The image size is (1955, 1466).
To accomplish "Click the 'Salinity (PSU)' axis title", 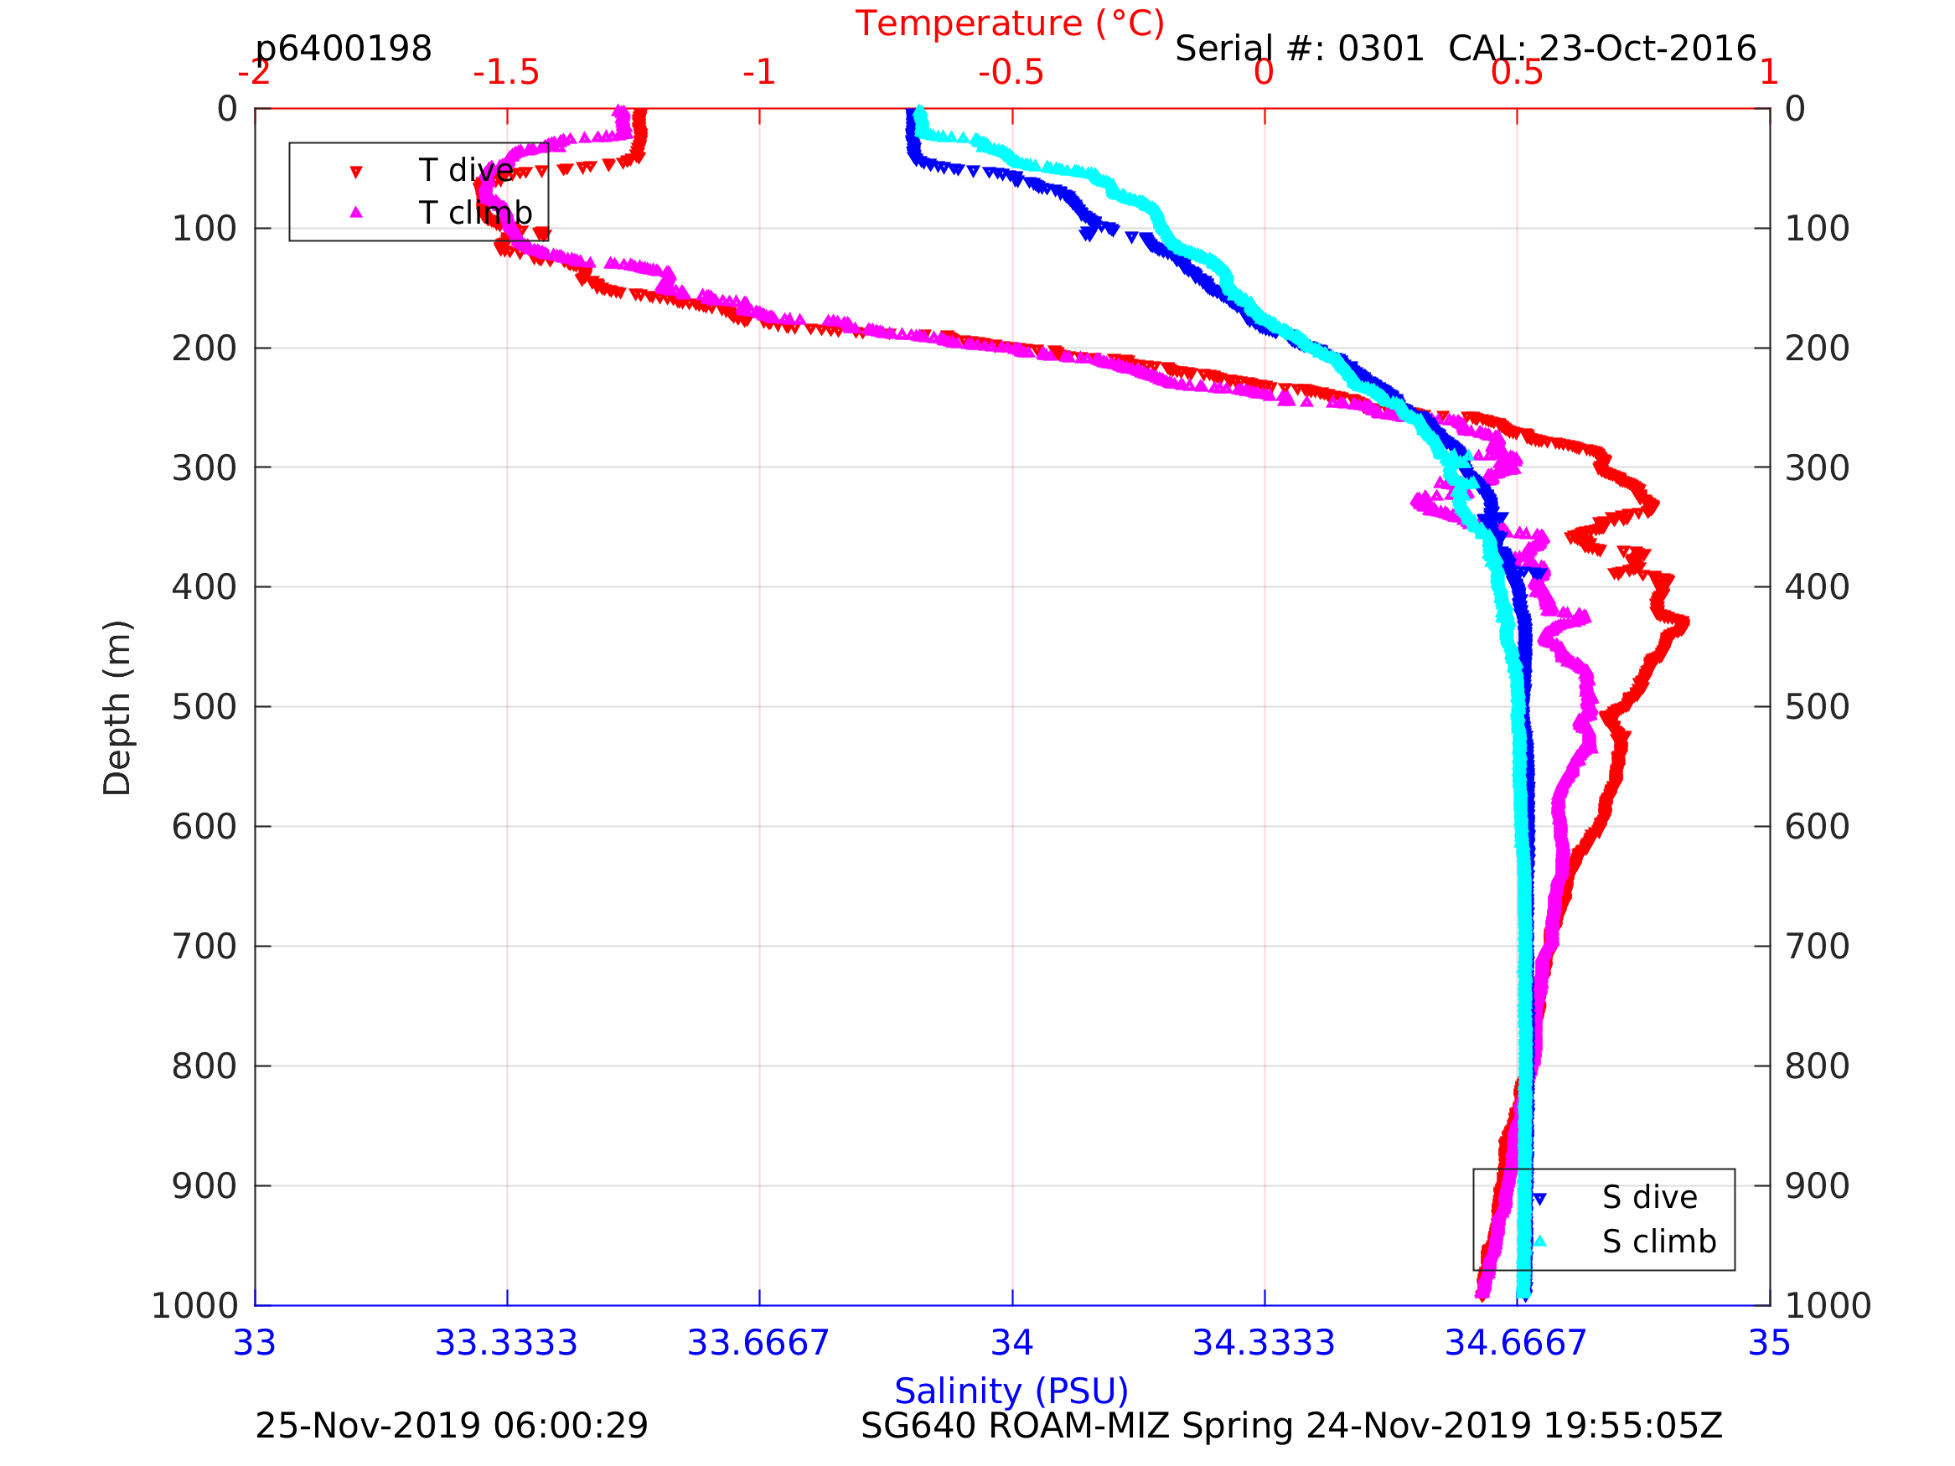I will pyautogui.click(x=1011, y=1391).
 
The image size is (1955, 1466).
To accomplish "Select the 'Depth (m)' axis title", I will pyautogui.click(x=117, y=708).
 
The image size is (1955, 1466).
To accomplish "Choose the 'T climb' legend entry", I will pyautogui.click(x=474, y=213).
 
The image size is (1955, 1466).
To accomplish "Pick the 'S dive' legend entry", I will pyautogui.click(x=1649, y=1197).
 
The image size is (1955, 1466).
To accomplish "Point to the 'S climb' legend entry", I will pyautogui.click(x=1659, y=1241).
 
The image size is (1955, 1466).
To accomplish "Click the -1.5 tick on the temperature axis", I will pyautogui.click(x=506, y=72).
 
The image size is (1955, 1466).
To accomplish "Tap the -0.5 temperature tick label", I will pyautogui.click(x=1011, y=72).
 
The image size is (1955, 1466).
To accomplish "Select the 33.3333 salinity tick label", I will pyautogui.click(x=506, y=1343).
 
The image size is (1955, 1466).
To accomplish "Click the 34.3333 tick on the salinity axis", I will pyautogui.click(x=1264, y=1343).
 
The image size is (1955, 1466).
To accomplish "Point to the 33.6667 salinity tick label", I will pyautogui.click(x=758, y=1343).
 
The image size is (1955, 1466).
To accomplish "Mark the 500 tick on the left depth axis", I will pyautogui.click(x=204, y=707).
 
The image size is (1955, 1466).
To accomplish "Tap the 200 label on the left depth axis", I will pyautogui.click(x=204, y=348).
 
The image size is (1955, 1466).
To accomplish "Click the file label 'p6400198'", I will pyautogui.click(x=344, y=49).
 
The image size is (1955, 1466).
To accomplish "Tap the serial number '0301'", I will pyautogui.click(x=1380, y=49).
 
